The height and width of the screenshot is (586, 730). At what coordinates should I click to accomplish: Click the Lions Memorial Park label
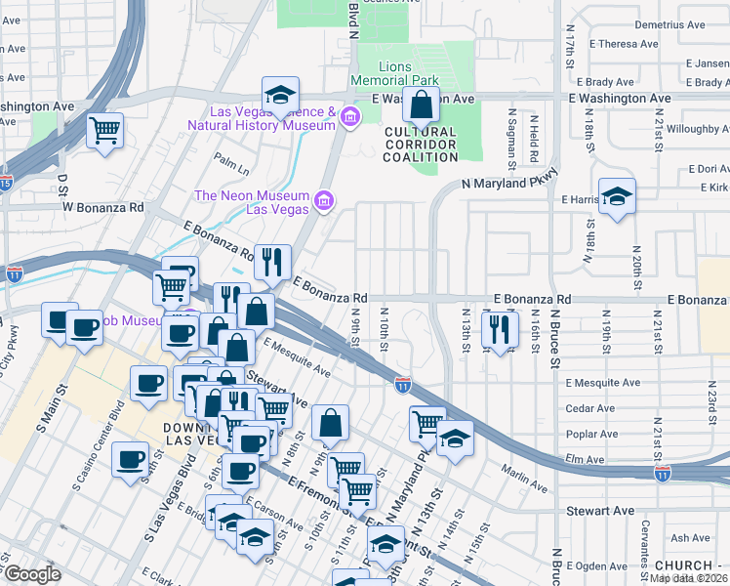[x=395, y=74]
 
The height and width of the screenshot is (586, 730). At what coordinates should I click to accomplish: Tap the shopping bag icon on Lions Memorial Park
[x=421, y=105]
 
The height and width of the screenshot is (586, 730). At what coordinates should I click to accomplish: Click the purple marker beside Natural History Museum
[x=350, y=119]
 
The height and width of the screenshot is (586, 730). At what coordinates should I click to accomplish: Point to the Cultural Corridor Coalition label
[x=421, y=145]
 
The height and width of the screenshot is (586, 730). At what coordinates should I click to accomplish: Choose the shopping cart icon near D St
[x=105, y=130]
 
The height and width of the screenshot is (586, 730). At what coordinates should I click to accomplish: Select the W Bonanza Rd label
[x=103, y=207]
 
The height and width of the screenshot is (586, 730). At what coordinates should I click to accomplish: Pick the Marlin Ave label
[x=527, y=481]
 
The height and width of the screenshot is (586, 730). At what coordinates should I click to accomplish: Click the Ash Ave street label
[x=690, y=537]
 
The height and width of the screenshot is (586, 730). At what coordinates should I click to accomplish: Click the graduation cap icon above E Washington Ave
[x=280, y=96]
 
